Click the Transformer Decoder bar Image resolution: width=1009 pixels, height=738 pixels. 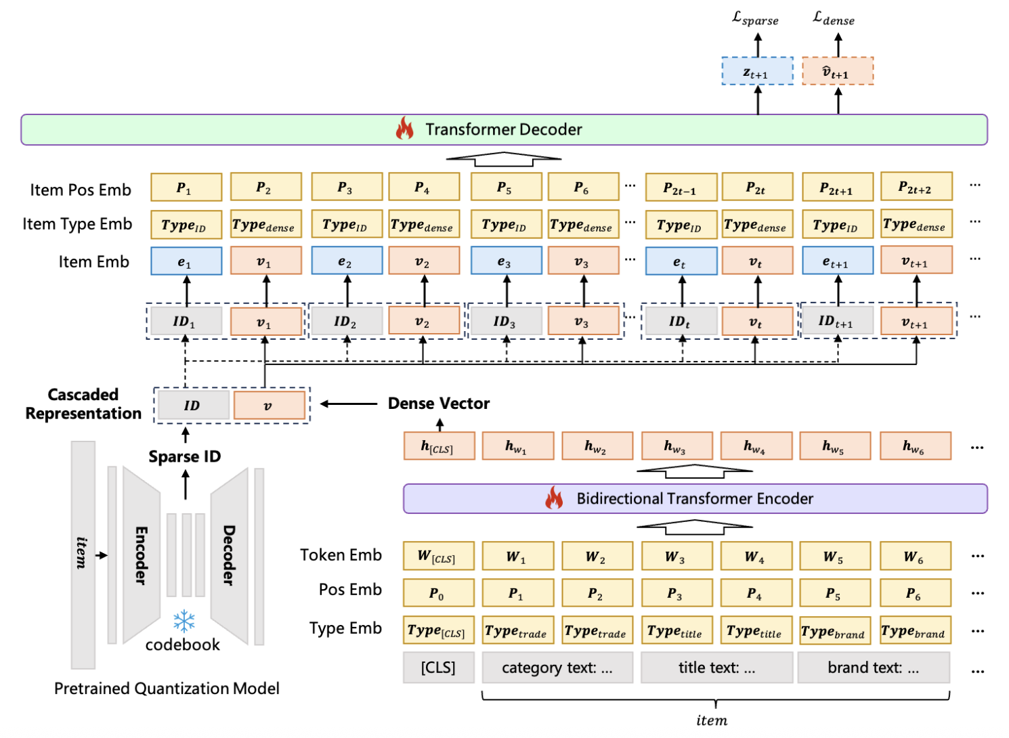pyautogui.click(x=504, y=129)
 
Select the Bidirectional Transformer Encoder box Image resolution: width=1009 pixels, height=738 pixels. pyautogui.click(x=695, y=499)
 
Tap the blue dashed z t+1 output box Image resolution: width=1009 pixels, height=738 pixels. pyautogui.click(x=757, y=71)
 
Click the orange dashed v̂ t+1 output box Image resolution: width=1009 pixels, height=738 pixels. pyautogui.click(x=838, y=71)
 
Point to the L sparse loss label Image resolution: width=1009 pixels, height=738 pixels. pyautogui.click(x=755, y=19)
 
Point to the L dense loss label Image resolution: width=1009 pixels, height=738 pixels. pyautogui.click(x=834, y=19)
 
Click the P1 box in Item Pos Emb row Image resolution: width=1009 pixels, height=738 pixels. pyautogui.click(x=186, y=188)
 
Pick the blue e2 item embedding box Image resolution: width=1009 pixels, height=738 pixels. pyautogui.click(x=347, y=261)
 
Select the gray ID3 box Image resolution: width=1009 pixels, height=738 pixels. pyautogui.click(x=506, y=321)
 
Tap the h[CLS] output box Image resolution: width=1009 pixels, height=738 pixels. pyautogui.click(x=439, y=446)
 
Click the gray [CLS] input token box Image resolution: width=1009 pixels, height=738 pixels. pyautogui.click(x=438, y=668)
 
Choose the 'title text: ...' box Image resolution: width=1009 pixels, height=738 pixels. pyautogui.click(x=716, y=668)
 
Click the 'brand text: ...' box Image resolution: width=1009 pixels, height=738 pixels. pyautogui.click(x=873, y=668)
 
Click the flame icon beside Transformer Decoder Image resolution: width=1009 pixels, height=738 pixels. pyautogui.click(x=405, y=128)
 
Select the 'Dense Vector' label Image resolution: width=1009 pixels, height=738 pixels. pyautogui.click(x=439, y=404)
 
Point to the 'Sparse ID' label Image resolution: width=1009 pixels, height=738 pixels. pyautogui.click(x=185, y=457)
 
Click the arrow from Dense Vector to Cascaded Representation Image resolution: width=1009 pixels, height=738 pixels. pyautogui.click(x=348, y=404)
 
